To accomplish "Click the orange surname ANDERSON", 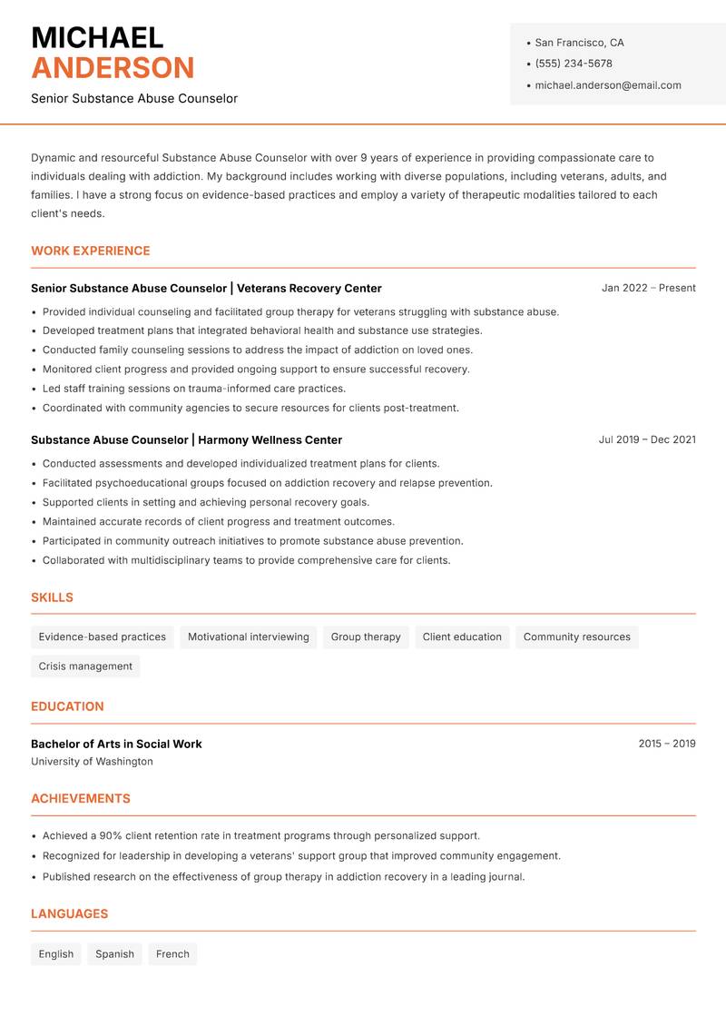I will [113, 68].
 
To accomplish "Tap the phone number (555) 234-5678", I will [574, 64].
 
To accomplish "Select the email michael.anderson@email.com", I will [608, 85].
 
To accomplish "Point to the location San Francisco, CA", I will [579, 43].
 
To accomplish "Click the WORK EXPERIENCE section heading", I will [91, 251].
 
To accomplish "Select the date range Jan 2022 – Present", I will [648, 288].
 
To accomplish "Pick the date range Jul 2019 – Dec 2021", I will [647, 439].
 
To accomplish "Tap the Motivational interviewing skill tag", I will [249, 637].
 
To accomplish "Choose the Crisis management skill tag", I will [85, 666].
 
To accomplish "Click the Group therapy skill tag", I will [366, 637].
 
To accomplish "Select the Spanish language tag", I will [114, 954].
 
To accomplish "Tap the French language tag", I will [172, 954].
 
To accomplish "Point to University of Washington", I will [92, 762].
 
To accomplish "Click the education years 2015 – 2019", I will [667, 744].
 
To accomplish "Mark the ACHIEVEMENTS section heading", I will [81, 799].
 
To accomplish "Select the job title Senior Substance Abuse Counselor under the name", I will [134, 98].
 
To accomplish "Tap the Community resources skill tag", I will [576, 637].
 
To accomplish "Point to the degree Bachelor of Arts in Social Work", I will [116, 744].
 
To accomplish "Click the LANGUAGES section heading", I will [69, 914].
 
